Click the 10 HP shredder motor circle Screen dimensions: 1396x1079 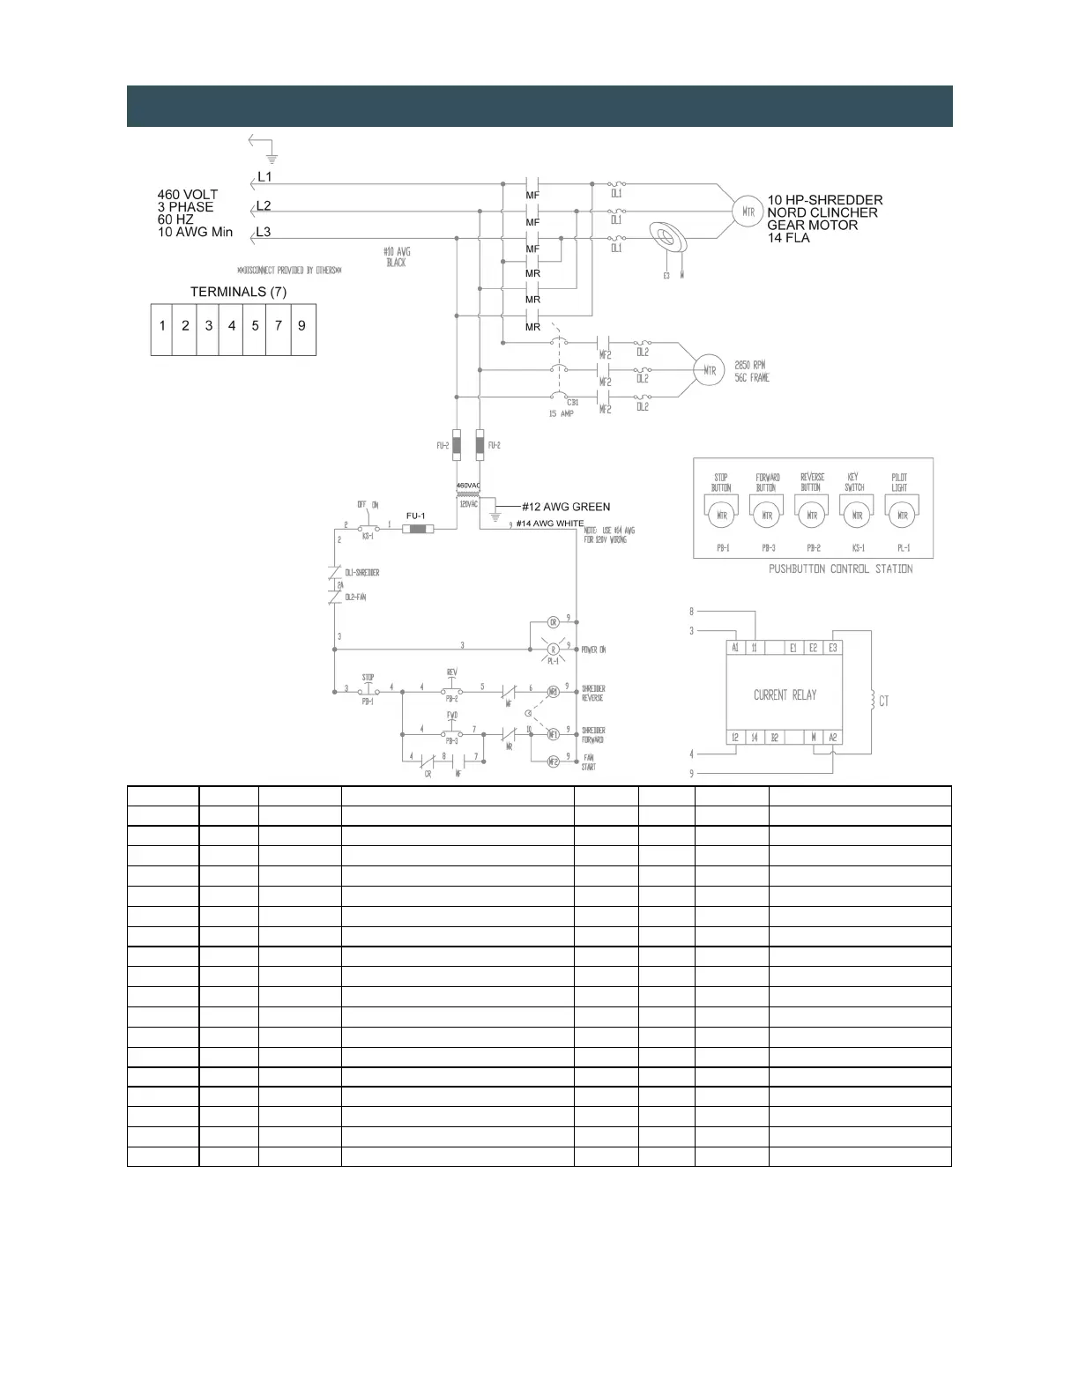tap(748, 212)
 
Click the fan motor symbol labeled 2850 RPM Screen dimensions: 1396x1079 tap(709, 370)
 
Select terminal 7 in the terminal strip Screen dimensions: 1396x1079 tap(279, 326)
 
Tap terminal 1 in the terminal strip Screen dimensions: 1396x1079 tap(162, 326)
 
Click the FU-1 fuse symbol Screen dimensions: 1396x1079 tap(417, 529)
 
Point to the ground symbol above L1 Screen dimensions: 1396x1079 tap(272, 158)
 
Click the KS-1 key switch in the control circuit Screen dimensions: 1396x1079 tap(368, 529)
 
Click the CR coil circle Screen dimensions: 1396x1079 tap(554, 622)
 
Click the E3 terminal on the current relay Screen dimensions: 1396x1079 tap(832, 648)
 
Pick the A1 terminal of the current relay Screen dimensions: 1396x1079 tap(735, 648)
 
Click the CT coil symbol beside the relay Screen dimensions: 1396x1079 tap(872, 701)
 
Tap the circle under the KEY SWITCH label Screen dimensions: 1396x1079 tap(857, 516)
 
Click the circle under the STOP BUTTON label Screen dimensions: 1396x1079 tap(722, 516)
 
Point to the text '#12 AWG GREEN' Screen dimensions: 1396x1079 tap(566, 507)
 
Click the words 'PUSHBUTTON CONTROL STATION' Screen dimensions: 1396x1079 tap(840, 569)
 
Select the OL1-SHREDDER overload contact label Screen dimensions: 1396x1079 tap(361, 573)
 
